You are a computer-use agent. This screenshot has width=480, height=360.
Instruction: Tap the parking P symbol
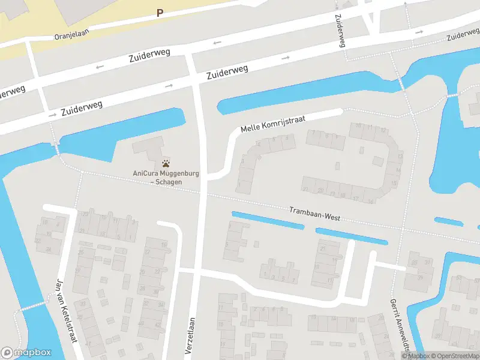160,13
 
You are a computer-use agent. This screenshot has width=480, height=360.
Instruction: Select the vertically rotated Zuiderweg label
340,31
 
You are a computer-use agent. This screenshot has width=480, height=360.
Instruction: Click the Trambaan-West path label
314,214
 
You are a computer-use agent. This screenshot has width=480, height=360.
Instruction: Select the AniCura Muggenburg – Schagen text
158,178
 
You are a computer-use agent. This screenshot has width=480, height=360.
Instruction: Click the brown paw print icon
166,163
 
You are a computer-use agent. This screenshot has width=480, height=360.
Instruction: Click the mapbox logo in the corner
26,353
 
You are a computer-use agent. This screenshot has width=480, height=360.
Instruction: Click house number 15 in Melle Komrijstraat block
394,183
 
